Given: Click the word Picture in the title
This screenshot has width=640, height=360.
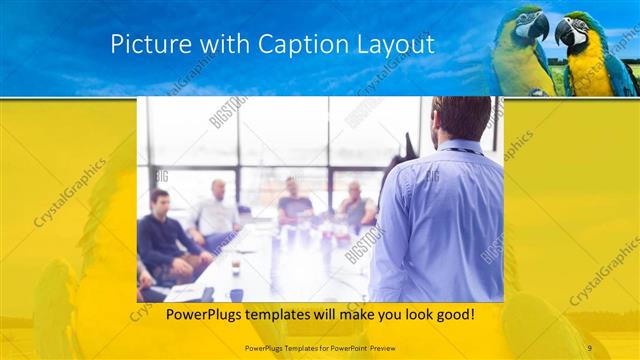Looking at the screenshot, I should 145,45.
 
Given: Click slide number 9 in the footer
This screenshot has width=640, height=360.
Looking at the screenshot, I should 589,346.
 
